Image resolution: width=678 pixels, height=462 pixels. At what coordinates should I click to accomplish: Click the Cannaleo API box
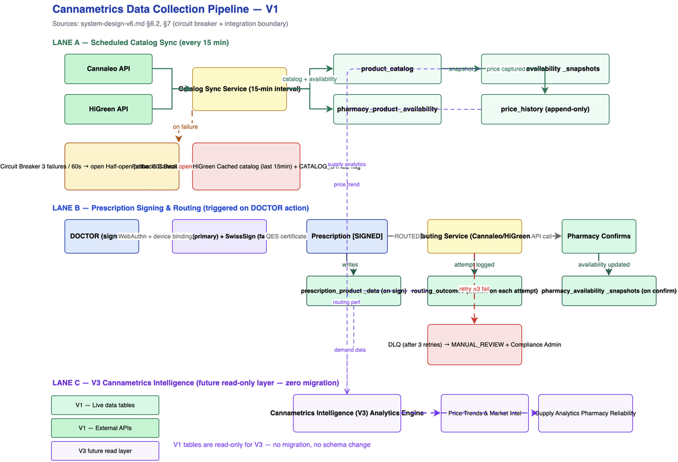(108, 69)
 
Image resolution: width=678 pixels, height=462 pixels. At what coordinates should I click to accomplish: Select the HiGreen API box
(108, 109)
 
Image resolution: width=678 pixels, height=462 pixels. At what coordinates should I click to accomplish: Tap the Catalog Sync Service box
(239, 89)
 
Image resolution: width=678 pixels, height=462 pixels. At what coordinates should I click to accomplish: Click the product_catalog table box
(387, 69)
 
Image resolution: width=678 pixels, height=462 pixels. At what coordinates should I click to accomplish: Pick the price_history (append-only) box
(545, 109)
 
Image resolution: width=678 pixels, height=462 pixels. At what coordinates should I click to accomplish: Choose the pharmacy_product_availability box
(387, 109)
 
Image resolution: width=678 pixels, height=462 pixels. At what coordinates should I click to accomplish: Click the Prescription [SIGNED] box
(347, 236)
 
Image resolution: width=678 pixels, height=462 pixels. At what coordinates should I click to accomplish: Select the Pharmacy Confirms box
(599, 236)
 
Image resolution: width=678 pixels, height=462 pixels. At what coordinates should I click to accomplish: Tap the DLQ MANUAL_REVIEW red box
(474, 345)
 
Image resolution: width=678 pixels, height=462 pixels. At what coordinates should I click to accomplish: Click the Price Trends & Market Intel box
(484, 413)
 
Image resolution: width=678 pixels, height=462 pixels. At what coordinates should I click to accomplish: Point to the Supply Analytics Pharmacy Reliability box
(585, 413)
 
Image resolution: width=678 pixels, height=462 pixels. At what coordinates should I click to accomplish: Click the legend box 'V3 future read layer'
(105, 451)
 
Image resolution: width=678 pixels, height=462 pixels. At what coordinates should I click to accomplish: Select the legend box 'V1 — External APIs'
(105, 428)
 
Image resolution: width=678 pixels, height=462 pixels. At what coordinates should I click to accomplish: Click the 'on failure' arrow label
(185, 126)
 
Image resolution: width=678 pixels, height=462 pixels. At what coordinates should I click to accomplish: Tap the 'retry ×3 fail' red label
(474, 289)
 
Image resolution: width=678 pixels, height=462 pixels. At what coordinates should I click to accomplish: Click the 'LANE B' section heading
(180, 208)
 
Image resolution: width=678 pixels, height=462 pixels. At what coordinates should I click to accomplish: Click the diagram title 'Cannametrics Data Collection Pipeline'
(165, 9)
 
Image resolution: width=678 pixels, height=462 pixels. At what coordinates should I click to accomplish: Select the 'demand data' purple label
(350, 350)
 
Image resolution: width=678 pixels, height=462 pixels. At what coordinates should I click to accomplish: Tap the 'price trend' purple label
(347, 184)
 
